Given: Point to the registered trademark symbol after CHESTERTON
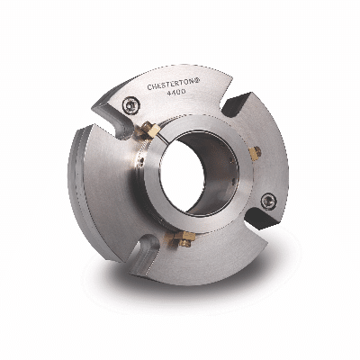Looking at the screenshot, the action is (193, 82).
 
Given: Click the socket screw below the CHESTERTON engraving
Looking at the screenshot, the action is (131, 105).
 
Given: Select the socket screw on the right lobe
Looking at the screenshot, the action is (268, 202).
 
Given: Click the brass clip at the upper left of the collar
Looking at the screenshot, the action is (150, 130).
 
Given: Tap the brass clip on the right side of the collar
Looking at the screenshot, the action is (255, 153).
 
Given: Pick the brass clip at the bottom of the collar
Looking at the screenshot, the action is (183, 238).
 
